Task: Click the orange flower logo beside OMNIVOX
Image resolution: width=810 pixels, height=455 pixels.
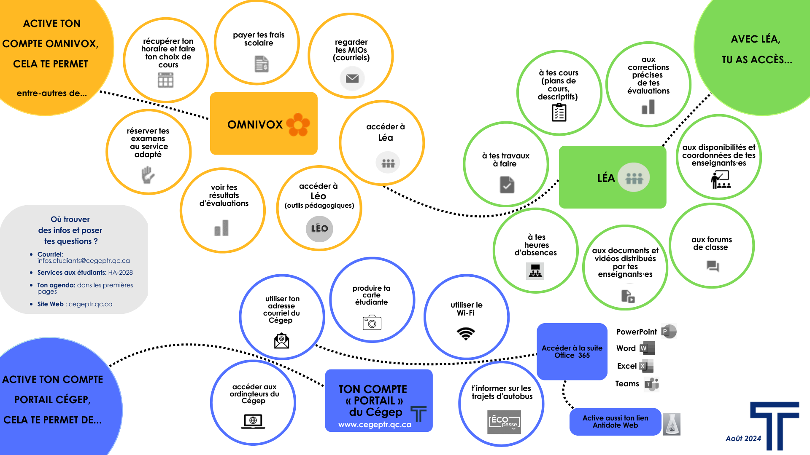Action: click(x=298, y=124)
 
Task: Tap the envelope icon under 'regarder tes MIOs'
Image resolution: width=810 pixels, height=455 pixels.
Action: click(x=352, y=78)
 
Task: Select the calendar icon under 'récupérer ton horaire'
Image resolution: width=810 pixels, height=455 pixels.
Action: click(x=165, y=80)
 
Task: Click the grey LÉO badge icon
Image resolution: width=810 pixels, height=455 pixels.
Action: click(x=319, y=229)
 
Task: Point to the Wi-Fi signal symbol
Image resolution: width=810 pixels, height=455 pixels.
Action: click(x=466, y=334)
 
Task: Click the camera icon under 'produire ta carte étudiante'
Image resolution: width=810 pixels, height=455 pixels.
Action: click(x=372, y=322)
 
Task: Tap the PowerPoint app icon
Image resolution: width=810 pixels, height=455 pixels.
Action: click(x=669, y=332)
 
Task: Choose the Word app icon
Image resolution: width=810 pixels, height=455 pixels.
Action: click(x=647, y=348)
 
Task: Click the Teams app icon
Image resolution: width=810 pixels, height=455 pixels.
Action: click(x=652, y=384)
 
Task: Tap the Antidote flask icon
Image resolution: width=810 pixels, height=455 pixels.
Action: click(x=672, y=424)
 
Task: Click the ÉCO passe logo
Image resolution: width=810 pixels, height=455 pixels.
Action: click(x=505, y=421)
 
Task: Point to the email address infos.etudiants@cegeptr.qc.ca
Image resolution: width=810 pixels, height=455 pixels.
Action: click(x=84, y=261)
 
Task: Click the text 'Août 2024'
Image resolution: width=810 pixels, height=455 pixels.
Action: click(x=743, y=439)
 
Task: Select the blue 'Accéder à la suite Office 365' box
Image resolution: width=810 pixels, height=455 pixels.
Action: click(x=572, y=351)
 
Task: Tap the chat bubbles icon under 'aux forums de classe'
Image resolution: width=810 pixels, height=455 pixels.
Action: click(x=713, y=266)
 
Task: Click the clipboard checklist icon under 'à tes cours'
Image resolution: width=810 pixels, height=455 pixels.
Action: click(x=559, y=112)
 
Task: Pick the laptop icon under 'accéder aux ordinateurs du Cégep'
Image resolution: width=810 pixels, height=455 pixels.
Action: click(x=253, y=421)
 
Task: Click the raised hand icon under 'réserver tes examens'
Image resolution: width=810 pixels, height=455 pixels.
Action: click(x=148, y=175)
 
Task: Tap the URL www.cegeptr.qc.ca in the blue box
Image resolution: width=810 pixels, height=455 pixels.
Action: click(x=375, y=425)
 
